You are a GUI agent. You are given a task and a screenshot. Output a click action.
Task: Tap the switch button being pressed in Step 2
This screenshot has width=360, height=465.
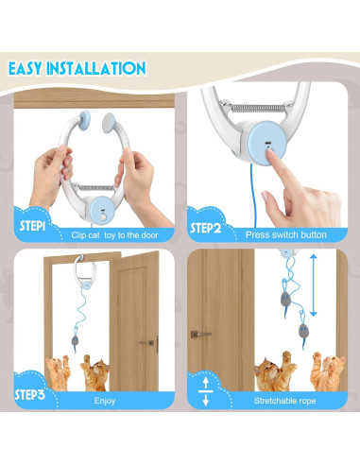click(270, 147)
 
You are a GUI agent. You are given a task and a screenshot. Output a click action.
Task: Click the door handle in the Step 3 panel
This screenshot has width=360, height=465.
click(147, 342)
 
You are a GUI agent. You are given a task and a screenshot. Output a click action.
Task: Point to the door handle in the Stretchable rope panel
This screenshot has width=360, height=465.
click(199, 334)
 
